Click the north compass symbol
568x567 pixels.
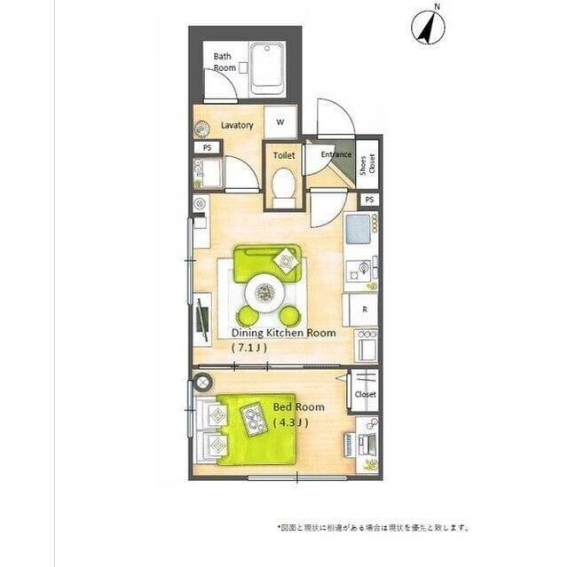point(428,26)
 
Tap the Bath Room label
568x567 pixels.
point(223,62)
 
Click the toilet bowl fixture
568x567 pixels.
point(283,187)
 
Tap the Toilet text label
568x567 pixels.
point(283,155)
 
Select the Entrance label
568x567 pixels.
point(336,155)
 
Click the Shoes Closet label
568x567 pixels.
point(366,165)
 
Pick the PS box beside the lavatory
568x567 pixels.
point(207,147)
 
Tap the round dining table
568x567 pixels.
point(266,290)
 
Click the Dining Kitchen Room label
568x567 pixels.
point(283,333)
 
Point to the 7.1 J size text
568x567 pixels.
point(248,348)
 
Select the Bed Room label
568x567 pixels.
point(298,407)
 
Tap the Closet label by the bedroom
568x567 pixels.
point(365,394)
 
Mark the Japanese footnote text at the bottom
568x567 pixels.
point(374,527)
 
